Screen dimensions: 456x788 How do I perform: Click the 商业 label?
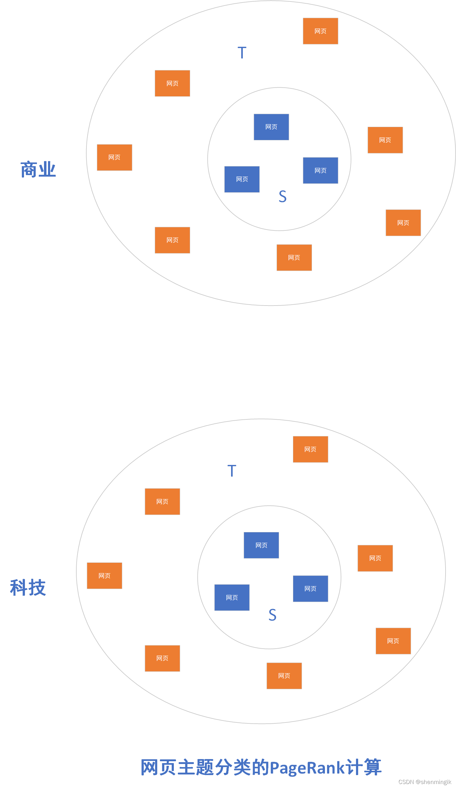pos(38,170)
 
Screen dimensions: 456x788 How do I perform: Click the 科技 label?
pos(28,588)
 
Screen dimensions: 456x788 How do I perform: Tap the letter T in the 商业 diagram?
pos(242,53)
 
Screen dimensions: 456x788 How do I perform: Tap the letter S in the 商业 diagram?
pos(282,197)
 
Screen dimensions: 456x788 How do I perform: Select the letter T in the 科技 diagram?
pos(232,471)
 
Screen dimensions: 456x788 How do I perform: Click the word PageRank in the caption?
pos(307,768)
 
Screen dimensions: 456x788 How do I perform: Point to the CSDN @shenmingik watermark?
pos(424,782)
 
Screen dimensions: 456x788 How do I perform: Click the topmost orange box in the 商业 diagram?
pos(320,31)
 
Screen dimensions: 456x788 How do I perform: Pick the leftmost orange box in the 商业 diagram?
pos(114,157)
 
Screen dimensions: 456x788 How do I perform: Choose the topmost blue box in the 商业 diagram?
pos(271,127)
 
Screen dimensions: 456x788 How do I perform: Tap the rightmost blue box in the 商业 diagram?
pos(320,170)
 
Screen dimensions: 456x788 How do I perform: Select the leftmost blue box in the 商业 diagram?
pos(242,179)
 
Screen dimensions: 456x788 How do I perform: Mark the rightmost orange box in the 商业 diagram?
pos(403,223)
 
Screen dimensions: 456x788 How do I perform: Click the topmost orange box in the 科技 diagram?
pos(310,449)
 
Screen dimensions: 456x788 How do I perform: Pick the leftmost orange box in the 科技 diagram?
pos(104,576)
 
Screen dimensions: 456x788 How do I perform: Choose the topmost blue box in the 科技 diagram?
pos(261,545)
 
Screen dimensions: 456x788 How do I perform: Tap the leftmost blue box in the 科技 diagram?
pos(232,598)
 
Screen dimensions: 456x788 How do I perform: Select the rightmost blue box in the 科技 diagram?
pos(310,589)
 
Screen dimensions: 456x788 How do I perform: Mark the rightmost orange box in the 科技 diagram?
pos(393,641)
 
